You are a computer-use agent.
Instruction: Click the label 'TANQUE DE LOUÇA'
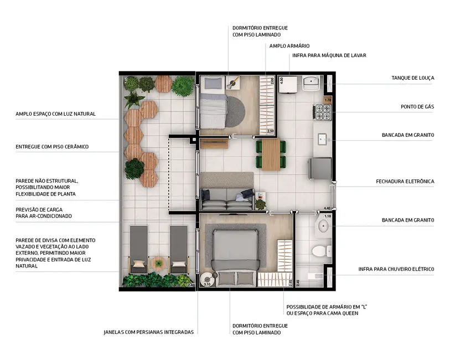pyautogui.click(x=412, y=78)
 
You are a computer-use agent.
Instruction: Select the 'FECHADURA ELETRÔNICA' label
pyautogui.click(x=405, y=181)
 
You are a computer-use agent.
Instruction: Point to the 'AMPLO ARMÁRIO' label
pyautogui.click(x=289, y=46)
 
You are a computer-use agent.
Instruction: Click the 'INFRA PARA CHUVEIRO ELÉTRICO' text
pyautogui.click(x=396, y=269)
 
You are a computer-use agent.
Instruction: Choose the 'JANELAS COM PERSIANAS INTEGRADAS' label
pyautogui.click(x=148, y=332)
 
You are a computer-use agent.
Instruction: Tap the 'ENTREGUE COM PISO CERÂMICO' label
pyautogui.click(x=52, y=147)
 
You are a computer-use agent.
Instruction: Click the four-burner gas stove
pyautogui.click(x=322, y=113)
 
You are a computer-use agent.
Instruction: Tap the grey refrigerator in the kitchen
pyautogui.click(x=320, y=168)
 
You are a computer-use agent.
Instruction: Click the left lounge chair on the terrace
pyautogui.click(x=138, y=249)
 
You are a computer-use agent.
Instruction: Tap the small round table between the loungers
pyautogui.click(x=159, y=264)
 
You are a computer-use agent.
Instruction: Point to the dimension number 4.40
pyautogui.click(x=327, y=208)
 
